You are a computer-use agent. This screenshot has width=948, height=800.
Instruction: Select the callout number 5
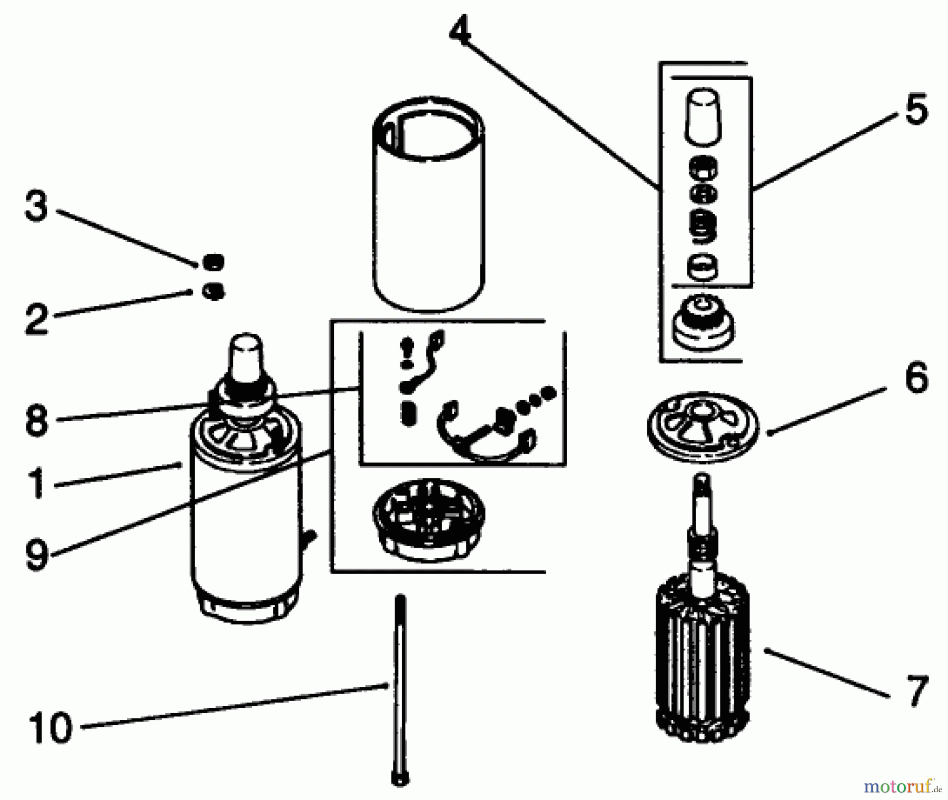(916, 109)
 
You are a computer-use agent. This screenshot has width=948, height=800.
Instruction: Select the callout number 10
(51, 727)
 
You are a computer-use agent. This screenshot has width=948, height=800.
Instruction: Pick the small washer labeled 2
(213, 291)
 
